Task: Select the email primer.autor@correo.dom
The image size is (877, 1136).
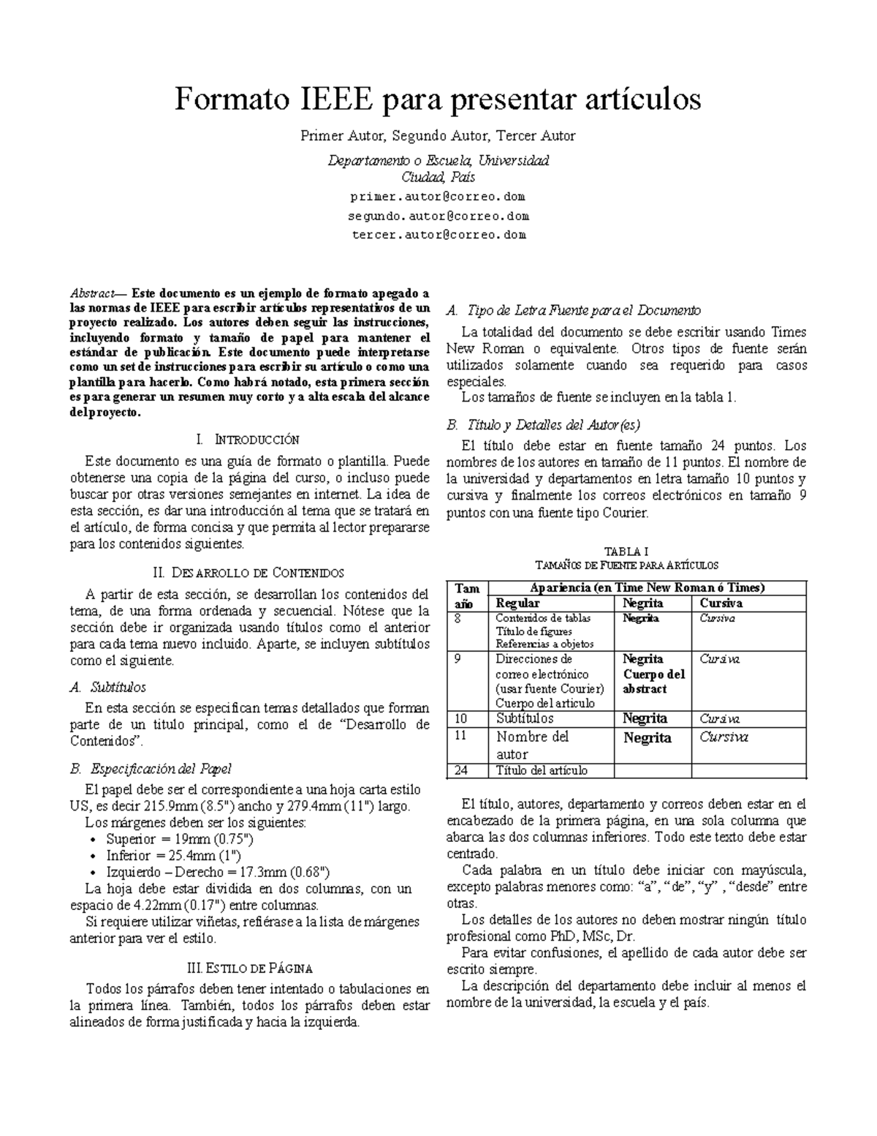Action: [438, 197]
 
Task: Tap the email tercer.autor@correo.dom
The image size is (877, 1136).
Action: [438, 235]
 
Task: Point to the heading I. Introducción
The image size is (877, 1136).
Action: [248, 440]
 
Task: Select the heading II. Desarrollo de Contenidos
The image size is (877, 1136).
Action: [249, 572]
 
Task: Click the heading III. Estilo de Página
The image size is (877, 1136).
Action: [249, 968]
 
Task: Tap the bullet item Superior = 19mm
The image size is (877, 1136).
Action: [179, 839]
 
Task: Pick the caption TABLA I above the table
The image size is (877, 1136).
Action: [626, 552]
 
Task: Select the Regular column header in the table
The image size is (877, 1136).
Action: [517, 603]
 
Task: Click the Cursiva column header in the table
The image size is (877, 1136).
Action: [721, 603]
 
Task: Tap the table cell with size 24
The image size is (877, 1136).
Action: [461, 770]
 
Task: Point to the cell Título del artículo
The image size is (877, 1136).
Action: [541, 770]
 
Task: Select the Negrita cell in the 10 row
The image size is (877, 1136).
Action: [645, 718]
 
